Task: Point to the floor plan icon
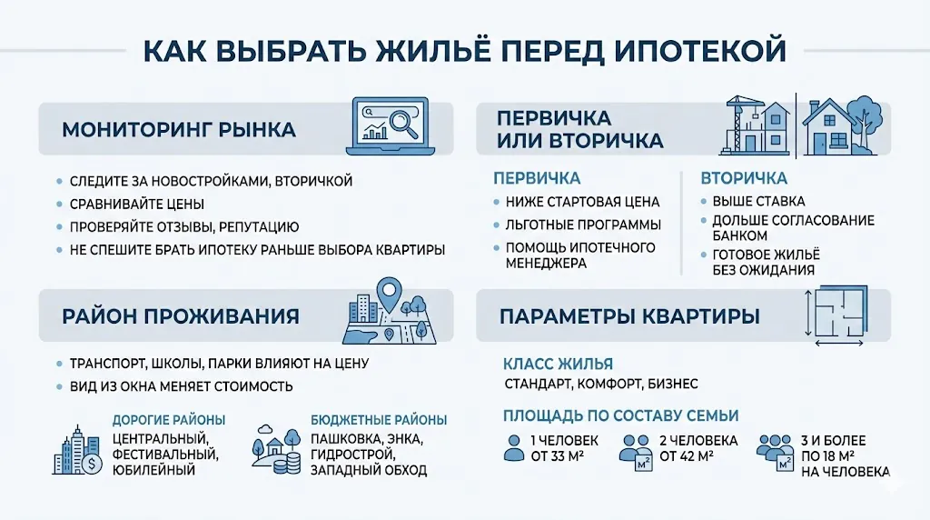[842, 315]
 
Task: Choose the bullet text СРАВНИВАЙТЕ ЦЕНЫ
[137, 204]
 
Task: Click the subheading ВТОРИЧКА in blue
[744, 178]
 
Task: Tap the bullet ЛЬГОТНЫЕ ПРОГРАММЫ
[583, 225]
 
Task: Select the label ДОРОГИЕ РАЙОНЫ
[168, 420]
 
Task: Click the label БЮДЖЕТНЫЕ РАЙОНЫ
[379, 420]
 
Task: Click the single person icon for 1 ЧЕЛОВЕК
[513, 448]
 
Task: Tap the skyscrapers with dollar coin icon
[79, 449]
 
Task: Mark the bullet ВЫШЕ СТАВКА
[758, 201]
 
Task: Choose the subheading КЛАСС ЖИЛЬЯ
[558, 365]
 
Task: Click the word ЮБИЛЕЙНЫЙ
[154, 470]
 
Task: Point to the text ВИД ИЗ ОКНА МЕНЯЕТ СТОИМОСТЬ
[182, 386]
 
